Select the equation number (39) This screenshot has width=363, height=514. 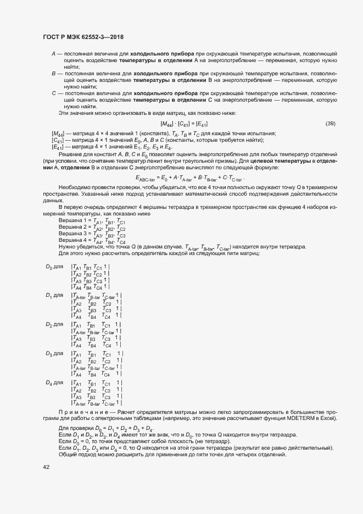(x=331, y=123)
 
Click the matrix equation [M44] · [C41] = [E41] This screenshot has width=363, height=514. (x=183, y=124)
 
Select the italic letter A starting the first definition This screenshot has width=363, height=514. (x=53, y=53)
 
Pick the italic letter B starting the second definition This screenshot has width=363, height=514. (x=53, y=73)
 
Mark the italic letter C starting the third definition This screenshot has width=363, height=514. (x=53, y=93)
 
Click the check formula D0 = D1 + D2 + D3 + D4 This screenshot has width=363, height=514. (x=106, y=428)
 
